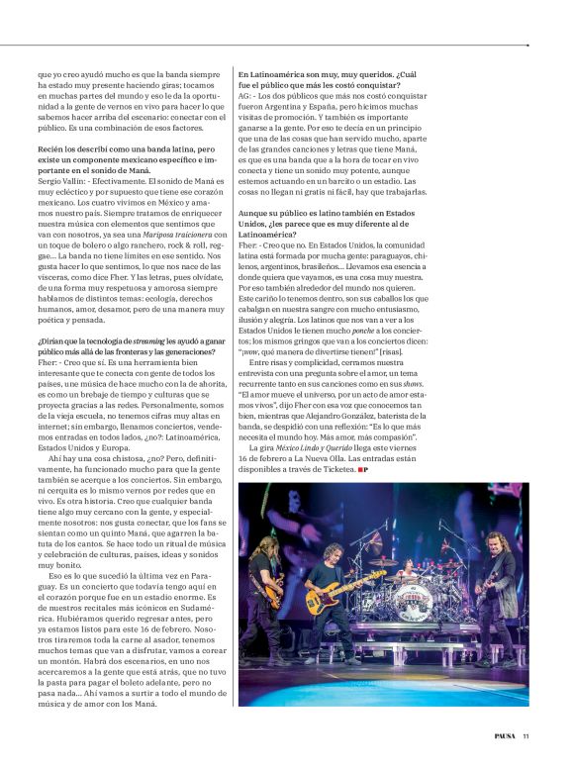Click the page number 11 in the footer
click(x=526, y=735)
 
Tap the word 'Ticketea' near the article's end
click(x=348, y=468)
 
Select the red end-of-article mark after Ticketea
click(x=368, y=468)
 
